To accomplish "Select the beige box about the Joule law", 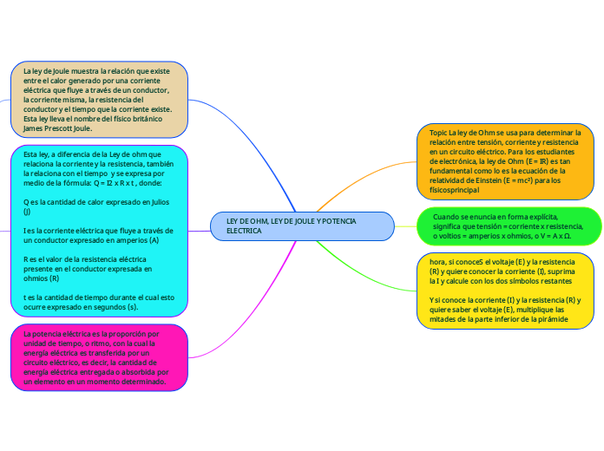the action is tap(99, 99).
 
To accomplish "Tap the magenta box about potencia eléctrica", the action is tap(99, 357).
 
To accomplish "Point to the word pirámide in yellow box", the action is tap(554, 318).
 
